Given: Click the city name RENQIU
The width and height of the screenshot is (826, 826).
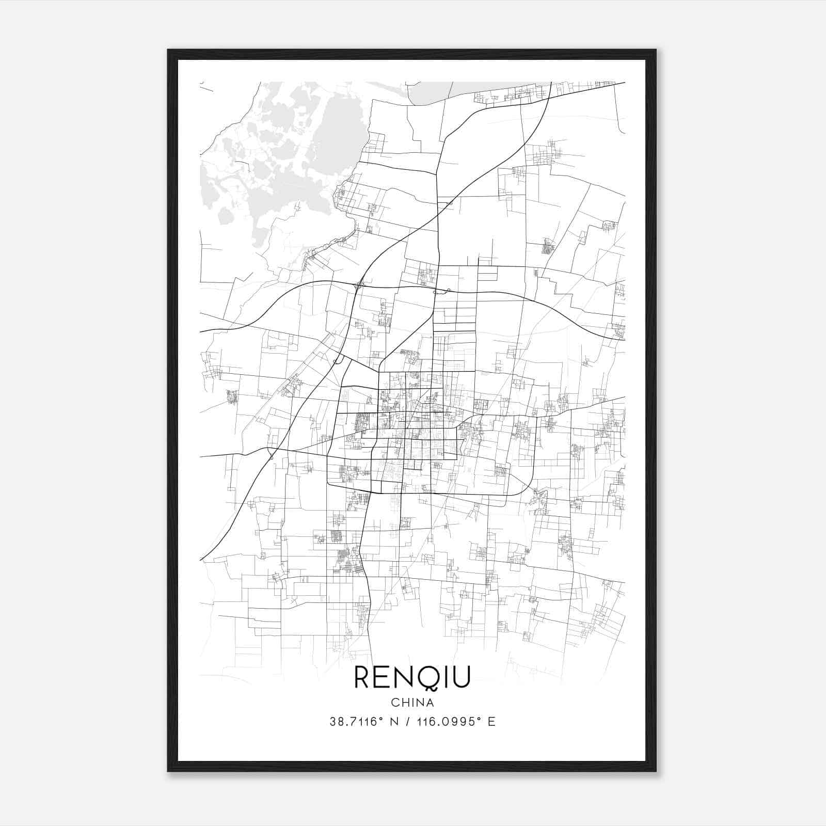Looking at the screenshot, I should pyautogui.click(x=412, y=678).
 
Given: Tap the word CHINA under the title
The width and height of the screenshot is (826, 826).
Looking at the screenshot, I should pyautogui.click(x=412, y=703).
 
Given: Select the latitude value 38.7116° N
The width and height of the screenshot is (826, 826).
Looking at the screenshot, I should pyautogui.click(x=363, y=722).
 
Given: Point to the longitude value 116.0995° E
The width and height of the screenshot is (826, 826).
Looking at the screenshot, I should pyautogui.click(x=459, y=722).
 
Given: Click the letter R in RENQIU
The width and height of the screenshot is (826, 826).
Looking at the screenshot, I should pyautogui.click(x=363, y=678).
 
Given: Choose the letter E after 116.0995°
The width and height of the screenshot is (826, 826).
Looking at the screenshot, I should pyautogui.click(x=491, y=722).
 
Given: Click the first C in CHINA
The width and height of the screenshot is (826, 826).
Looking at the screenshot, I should pyautogui.click(x=395, y=703).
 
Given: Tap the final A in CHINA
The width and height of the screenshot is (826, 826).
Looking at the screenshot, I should pyautogui.click(x=429, y=703).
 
